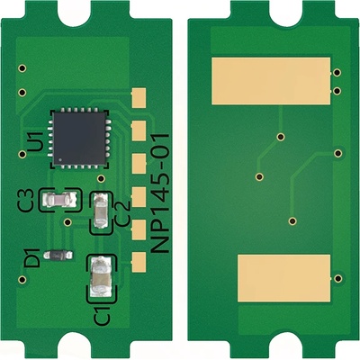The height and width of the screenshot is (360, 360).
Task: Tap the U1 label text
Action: click(x=35, y=142)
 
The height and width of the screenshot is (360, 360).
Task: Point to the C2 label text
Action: click(x=124, y=217)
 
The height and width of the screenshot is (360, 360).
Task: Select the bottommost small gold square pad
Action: click(x=139, y=262)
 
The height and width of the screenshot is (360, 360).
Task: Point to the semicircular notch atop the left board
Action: click(x=90, y=7)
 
